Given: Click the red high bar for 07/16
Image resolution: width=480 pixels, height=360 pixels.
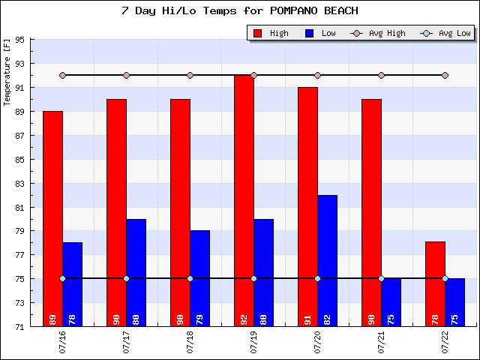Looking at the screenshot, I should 52,217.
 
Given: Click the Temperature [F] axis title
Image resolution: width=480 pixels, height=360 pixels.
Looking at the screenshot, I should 7,72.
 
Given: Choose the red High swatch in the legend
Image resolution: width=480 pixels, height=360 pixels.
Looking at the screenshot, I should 259,33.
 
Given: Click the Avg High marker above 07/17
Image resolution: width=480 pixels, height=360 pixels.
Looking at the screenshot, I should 126,75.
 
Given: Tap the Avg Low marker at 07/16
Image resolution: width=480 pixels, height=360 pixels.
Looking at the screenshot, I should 62,278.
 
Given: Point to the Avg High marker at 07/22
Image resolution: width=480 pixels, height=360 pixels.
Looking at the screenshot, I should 445,75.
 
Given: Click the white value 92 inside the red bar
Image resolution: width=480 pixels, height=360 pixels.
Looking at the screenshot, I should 244,319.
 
